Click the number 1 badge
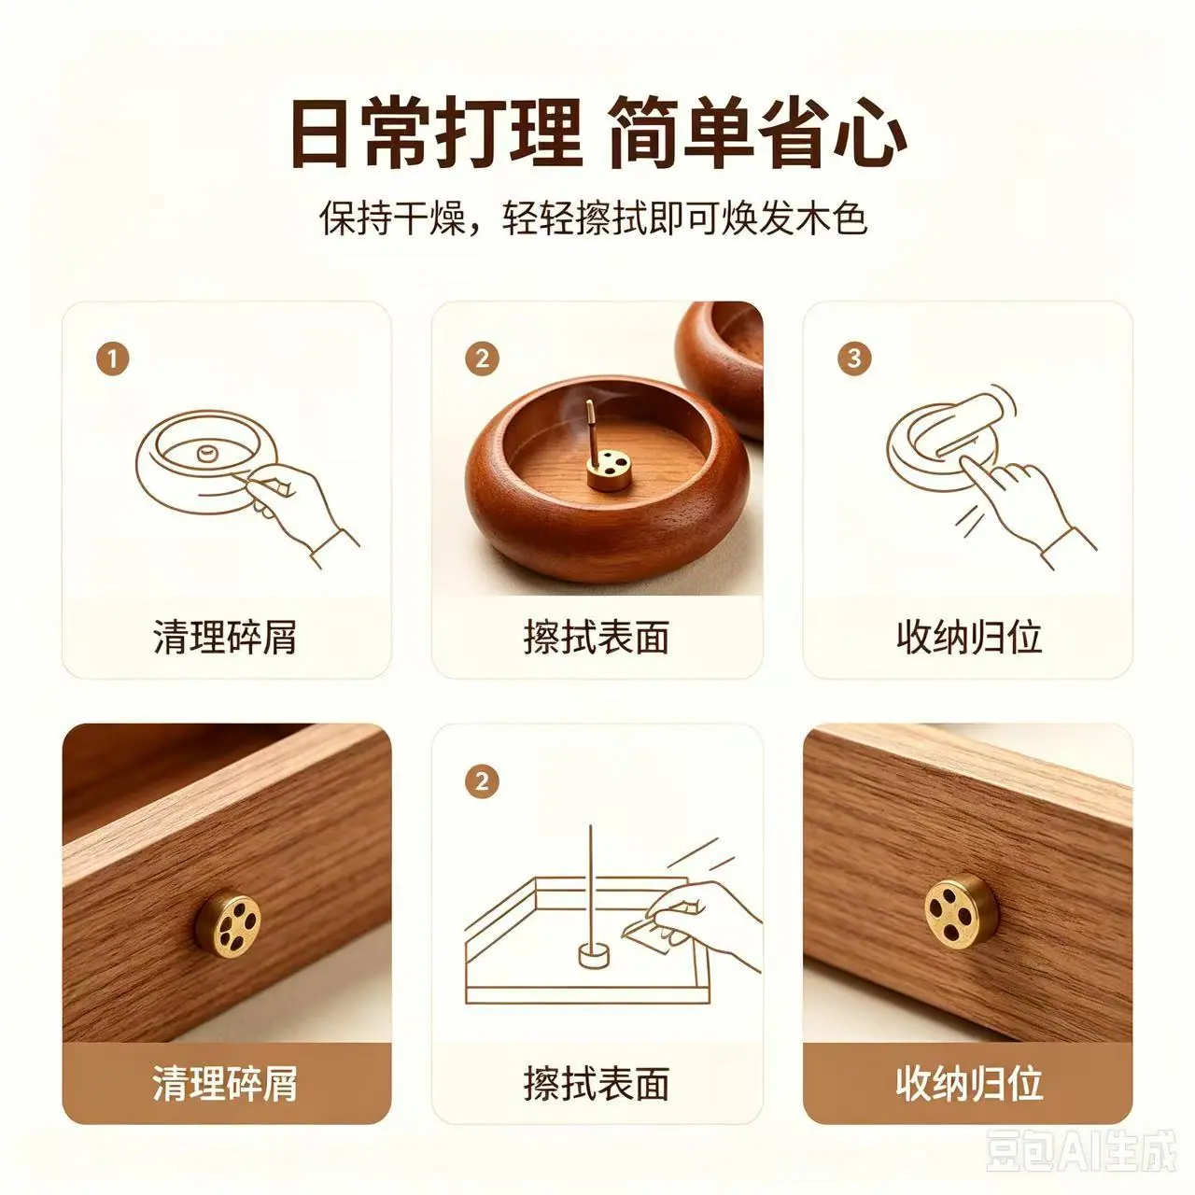113,359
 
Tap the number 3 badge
854,358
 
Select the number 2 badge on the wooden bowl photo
482,358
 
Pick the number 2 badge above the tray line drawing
482,782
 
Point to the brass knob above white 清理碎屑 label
228,926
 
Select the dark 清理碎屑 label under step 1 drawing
225,638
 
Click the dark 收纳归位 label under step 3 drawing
969,638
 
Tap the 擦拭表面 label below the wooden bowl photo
596,638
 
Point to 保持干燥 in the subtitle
393,218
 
